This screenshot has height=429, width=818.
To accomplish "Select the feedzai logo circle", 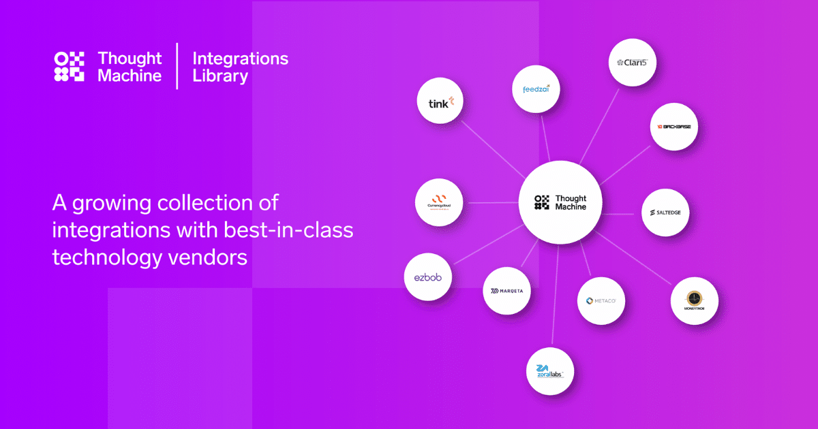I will pos(536,89).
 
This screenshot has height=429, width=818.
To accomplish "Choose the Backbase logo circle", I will pos(673,127).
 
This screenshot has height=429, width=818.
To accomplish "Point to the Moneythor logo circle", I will pos(694,300).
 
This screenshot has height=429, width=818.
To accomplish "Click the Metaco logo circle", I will pos(601,300).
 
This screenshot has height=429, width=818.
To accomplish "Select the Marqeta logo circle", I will pos(506,291).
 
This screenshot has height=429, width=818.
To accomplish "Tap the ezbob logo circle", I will pos(427,277).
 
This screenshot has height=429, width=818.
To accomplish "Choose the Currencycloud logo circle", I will pos(439,202).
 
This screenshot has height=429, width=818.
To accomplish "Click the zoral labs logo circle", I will pos(550,372).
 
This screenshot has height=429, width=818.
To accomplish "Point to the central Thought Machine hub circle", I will pos(560,202).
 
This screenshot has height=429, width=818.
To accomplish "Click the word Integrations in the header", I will pos(240,59).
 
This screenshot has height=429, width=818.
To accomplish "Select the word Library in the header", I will pos(220,76).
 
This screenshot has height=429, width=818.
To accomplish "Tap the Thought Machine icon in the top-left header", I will pos(69,67).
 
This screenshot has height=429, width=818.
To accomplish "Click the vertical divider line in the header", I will pos(177,66).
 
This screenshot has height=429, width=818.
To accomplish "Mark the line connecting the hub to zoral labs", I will pos(554,300).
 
